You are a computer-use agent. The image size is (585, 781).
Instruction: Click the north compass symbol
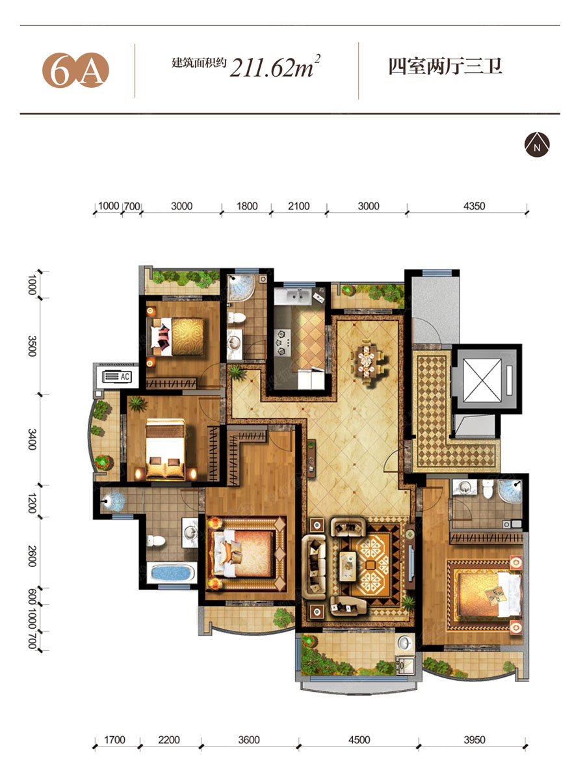(537, 144)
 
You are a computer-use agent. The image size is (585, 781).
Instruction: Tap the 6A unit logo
(75, 70)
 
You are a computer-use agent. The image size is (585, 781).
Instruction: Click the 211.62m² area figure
(275, 66)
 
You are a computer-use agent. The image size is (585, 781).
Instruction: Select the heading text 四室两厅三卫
(445, 67)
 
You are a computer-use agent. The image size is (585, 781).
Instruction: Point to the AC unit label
(124, 376)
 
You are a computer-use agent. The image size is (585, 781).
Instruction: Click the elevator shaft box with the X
(482, 380)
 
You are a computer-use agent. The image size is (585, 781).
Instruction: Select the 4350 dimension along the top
(474, 206)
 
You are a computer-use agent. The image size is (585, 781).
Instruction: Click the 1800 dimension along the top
(247, 206)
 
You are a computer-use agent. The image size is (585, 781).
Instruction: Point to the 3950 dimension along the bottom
(474, 730)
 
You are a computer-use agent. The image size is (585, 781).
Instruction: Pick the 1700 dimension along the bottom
(114, 730)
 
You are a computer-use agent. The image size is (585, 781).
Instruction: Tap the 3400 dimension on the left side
(32, 439)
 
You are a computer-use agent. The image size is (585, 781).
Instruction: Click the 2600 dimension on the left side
(32, 556)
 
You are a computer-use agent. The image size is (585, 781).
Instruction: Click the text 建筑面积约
(199, 63)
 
